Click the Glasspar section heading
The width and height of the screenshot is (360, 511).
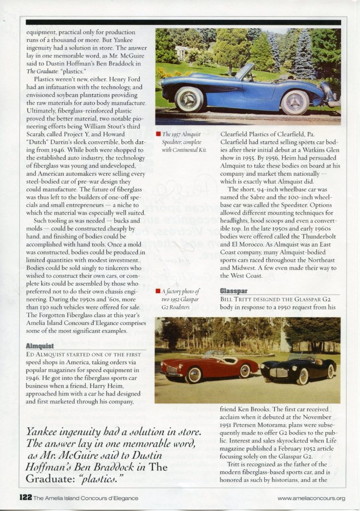[234, 291]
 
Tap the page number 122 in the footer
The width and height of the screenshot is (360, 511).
[26, 498]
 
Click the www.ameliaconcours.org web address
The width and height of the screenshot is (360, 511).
[311, 498]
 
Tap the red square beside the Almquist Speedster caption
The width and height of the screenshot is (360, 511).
[158, 134]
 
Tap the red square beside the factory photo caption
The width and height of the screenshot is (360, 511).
[158, 291]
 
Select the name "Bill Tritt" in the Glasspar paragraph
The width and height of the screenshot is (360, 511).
[234, 299]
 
